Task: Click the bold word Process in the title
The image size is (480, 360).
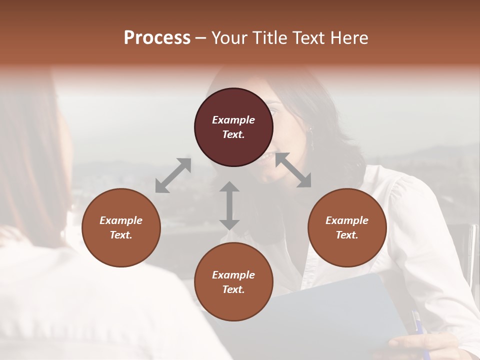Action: [x=157, y=38]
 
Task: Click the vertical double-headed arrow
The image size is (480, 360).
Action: [x=229, y=205]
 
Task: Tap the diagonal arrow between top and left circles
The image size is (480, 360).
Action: [x=173, y=175]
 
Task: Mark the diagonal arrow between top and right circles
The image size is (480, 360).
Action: [x=293, y=170]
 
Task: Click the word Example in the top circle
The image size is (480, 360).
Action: [x=233, y=120]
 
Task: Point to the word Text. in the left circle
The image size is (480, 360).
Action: [x=121, y=235]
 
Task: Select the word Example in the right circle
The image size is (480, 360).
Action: [x=347, y=220]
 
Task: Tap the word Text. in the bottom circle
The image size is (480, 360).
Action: [x=233, y=289]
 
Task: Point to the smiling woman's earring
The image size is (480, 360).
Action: [x=311, y=135]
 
